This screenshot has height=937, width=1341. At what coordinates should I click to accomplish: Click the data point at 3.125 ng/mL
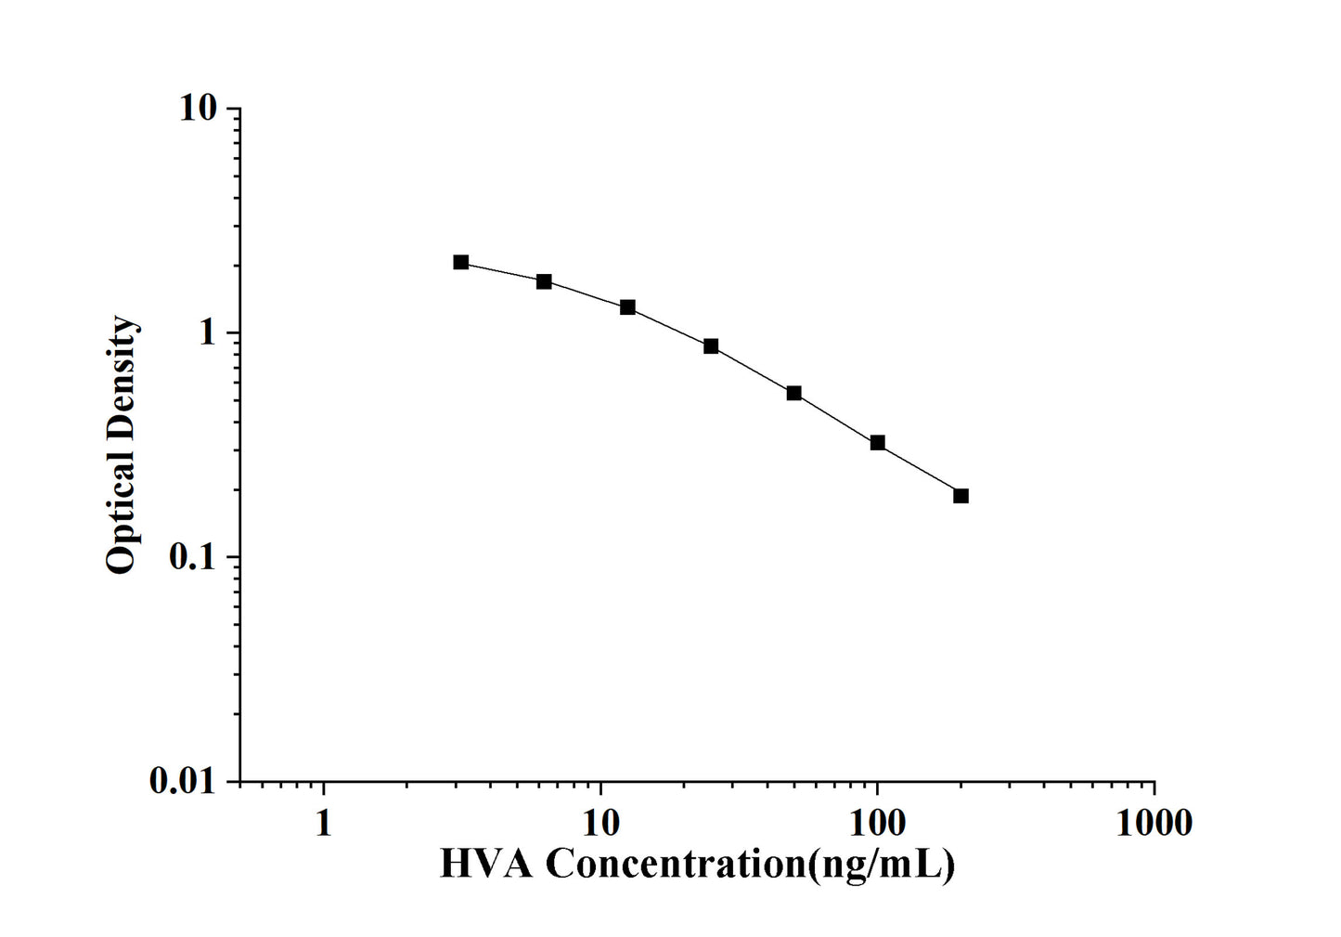(x=461, y=263)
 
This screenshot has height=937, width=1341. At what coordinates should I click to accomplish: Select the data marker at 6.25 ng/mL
(x=544, y=281)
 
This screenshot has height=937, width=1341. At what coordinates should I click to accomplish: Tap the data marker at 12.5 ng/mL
(x=627, y=307)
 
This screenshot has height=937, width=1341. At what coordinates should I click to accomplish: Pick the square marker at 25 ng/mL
(x=711, y=346)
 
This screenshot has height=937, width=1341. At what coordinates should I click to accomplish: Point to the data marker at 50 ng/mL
(x=794, y=393)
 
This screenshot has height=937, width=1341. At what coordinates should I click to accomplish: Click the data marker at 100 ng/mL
(x=877, y=443)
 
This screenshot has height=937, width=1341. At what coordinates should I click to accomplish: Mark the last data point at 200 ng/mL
(x=961, y=496)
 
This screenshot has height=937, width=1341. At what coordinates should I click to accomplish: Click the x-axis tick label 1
(x=323, y=823)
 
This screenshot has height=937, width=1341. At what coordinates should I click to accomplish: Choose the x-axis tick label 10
(x=600, y=823)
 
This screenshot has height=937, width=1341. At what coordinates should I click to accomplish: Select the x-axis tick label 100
(x=877, y=823)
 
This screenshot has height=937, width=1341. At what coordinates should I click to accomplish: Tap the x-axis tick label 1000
(x=1154, y=823)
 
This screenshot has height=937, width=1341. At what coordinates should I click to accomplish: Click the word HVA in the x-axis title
(x=485, y=865)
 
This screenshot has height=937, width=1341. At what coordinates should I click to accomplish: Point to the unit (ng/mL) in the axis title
(x=882, y=865)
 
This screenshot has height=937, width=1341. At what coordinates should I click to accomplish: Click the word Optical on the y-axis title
(x=121, y=516)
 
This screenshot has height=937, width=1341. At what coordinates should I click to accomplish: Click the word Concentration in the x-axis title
(x=676, y=865)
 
